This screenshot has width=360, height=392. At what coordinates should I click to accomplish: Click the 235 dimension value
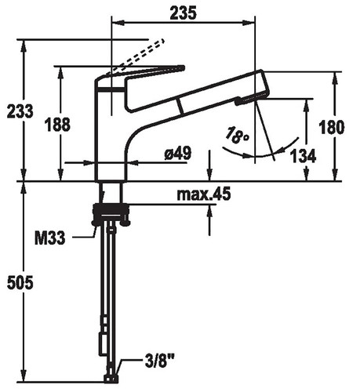pyautogui.click(x=183, y=13)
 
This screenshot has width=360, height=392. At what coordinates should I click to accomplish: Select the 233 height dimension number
pyautogui.click(x=20, y=111)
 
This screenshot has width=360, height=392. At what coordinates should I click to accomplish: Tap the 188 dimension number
pyautogui.click(x=57, y=125)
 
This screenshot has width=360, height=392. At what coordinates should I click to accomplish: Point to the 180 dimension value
pyautogui.click(x=332, y=127)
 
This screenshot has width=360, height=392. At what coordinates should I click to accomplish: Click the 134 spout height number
pyautogui.click(x=304, y=156)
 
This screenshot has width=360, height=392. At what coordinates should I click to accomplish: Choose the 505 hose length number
pyautogui.click(x=20, y=282)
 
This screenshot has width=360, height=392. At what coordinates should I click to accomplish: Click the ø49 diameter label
pyautogui.click(x=178, y=153)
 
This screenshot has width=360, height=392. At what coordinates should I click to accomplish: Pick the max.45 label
pyautogui.click(x=204, y=194)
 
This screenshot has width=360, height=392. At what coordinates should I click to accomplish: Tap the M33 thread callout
pyautogui.click(x=49, y=238)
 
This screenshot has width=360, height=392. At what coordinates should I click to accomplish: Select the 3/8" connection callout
pyautogui.click(x=159, y=361)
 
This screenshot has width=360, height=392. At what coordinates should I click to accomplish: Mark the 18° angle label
pyautogui.click(x=237, y=135)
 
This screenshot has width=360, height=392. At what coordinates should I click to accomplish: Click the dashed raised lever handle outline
pyautogui.click(x=138, y=56)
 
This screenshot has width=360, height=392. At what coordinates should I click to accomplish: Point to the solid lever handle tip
pyautogui.click(x=183, y=68)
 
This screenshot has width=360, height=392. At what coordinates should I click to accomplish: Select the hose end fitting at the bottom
pyautogui.click(x=111, y=379)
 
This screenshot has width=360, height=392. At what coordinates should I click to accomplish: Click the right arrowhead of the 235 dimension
pyautogui.click(x=249, y=23)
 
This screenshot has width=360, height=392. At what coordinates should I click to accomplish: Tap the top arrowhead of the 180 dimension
pyautogui.click(x=336, y=78)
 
